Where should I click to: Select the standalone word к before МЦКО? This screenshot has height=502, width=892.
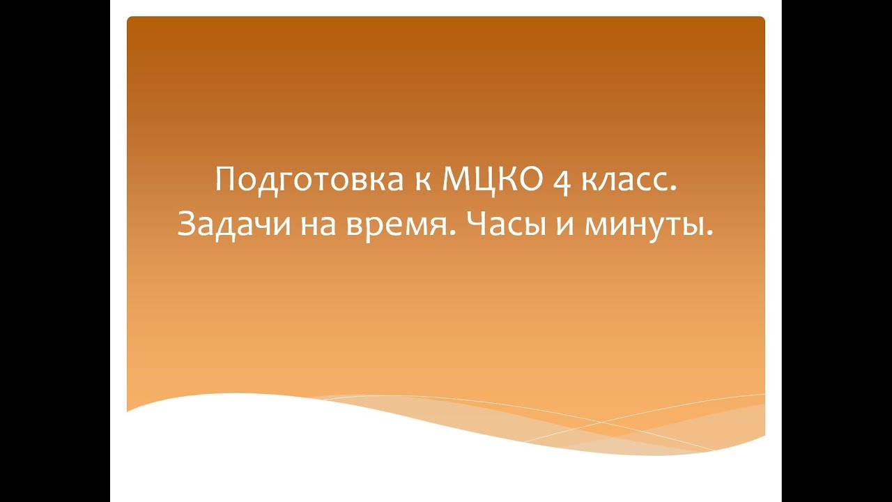click(x=416, y=182)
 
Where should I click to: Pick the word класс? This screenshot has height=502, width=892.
click(x=622, y=182)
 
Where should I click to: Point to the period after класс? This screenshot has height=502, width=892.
click(x=674, y=192)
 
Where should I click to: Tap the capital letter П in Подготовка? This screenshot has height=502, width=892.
click(x=224, y=181)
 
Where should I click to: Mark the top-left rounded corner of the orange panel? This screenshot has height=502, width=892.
click(x=130, y=20)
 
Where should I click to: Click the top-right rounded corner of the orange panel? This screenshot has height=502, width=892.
click(x=762, y=20)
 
